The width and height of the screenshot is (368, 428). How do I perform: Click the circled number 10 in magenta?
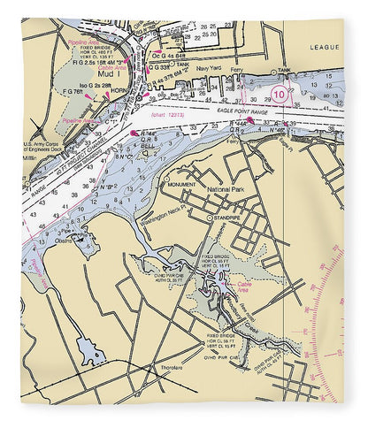[280, 93]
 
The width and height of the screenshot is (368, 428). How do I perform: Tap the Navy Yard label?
[209, 67]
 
